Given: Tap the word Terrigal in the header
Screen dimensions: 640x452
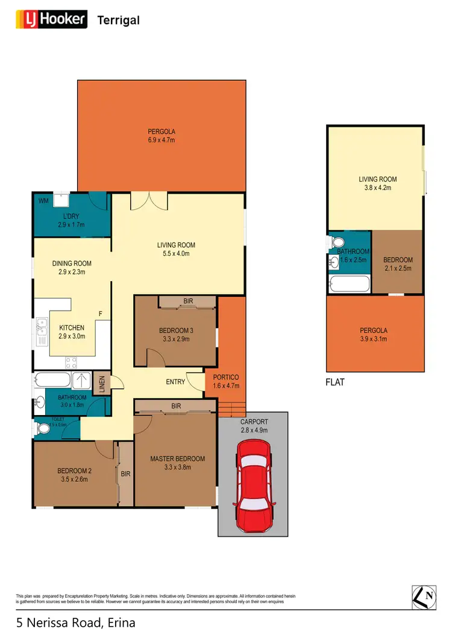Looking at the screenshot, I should (x=118, y=21).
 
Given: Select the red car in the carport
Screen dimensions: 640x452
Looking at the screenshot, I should (x=253, y=483).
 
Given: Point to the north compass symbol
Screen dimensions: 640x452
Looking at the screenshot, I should (x=424, y=597).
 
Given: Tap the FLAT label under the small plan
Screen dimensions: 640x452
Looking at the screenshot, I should (x=335, y=382).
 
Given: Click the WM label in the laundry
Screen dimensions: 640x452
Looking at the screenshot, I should (x=43, y=200).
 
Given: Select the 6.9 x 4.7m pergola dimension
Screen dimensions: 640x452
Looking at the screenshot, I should (x=162, y=140).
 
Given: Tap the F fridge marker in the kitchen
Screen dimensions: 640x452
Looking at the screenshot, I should (x=101, y=314).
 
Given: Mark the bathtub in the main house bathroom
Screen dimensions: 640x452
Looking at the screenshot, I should (x=52, y=381).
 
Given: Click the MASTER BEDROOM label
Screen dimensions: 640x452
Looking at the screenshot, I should (x=177, y=458).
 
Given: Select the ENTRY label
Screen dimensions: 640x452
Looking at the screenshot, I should (x=175, y=382).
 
